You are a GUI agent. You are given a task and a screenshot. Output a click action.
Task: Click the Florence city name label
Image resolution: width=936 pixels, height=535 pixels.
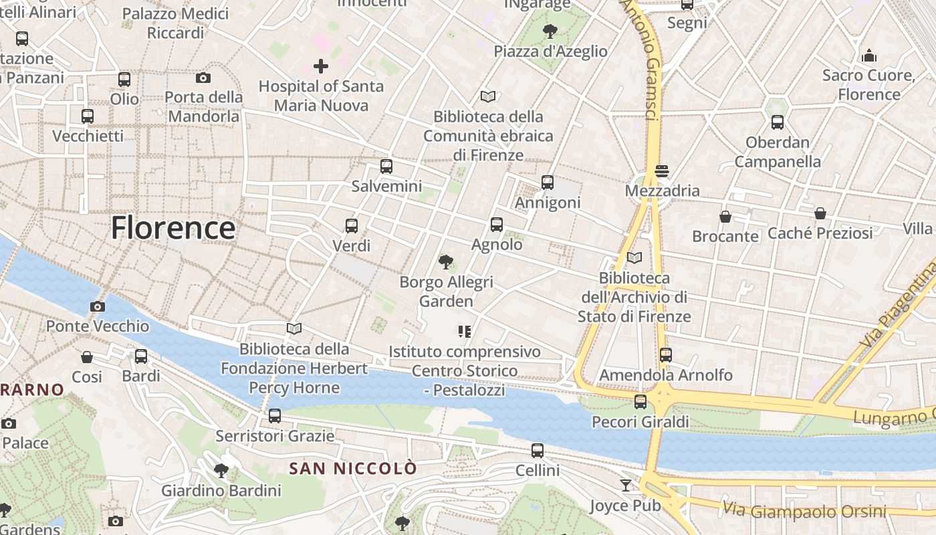pyautogui.click(x=172, y=228)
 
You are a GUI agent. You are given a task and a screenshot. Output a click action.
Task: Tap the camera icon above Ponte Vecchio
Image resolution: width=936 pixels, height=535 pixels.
pyautogui.click(x=98, y=306)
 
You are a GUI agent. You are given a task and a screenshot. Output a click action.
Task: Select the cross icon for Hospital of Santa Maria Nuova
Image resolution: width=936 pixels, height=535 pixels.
pyautogui.click(x=321, y=66)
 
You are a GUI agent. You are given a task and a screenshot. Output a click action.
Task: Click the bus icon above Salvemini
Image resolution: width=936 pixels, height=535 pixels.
pyautogui.click(x=386, y=167)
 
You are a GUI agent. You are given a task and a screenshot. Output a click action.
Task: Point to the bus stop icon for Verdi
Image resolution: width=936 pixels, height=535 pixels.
pyautogui.click(x=352, y=226)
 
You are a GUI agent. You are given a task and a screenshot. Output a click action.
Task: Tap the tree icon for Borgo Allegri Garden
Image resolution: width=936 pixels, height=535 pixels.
pyautogui.click(x=445, y=261)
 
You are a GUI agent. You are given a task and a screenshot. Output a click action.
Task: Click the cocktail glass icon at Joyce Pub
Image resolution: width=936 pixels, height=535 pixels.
pyautogui.click(x=626, y=485)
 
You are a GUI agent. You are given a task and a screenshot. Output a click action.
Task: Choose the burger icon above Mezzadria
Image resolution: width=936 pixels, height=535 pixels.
pyautogui.click(x=662, y=171)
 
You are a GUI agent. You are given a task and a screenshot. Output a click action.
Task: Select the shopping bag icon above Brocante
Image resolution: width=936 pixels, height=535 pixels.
pyautogui.click(x=725, y=217)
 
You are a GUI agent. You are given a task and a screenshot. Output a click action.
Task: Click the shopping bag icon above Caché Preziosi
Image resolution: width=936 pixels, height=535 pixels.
pyautogui.click(x=820, y=213)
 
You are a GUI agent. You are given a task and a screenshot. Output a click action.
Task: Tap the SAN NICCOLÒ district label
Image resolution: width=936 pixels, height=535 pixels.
pyautogui.click(x=353, y=469)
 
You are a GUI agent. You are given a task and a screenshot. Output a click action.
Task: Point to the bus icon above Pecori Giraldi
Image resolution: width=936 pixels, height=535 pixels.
pyautogui.click(x=640, y=402)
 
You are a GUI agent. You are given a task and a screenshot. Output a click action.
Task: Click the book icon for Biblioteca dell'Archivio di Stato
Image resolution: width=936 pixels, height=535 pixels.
pyautogui.click(x=634, y=257)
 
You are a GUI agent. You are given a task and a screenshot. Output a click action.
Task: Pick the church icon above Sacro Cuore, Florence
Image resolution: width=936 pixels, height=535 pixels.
pyautogui.click(x=868, y=55)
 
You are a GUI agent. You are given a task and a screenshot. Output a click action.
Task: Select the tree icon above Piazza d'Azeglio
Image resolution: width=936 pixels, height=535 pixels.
pyautogui.click(x=550, y=31)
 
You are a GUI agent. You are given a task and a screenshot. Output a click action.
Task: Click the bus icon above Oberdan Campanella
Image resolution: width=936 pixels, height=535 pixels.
pyautogui.click(x=777, y=122)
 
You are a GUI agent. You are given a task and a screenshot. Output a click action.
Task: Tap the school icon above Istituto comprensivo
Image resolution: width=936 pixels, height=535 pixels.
pyautogui.click(x=465, y=331)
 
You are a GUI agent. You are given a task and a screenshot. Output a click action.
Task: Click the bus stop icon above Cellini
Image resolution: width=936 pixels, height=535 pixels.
pyautogui.click(x=538, y=451)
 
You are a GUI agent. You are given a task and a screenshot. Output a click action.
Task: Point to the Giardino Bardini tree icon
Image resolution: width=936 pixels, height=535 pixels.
pyautogui.click(x=221, y=471)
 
